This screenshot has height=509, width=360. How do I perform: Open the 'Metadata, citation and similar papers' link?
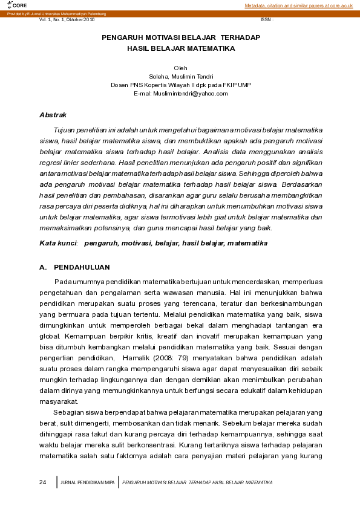coord(299,5)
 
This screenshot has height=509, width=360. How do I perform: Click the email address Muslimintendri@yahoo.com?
coord(180,94)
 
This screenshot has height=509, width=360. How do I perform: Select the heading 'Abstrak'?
coord(53,115)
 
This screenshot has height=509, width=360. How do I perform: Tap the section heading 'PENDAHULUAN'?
coord(82,267)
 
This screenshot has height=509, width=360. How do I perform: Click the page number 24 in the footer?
coord(42,482)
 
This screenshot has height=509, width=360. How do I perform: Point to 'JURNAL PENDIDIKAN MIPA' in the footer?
coord(88,482)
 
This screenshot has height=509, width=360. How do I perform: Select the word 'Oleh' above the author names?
coord(180,67)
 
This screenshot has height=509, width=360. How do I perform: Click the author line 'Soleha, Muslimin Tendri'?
coord(180,76)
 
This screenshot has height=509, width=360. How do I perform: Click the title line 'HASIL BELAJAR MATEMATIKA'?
coord(180,48)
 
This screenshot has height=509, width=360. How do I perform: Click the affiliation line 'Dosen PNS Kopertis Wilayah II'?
coord(180,85)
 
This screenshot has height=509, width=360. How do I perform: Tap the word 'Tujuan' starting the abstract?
coord(65,130)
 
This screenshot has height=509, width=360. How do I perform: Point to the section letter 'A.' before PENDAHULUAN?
coord(43,267)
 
